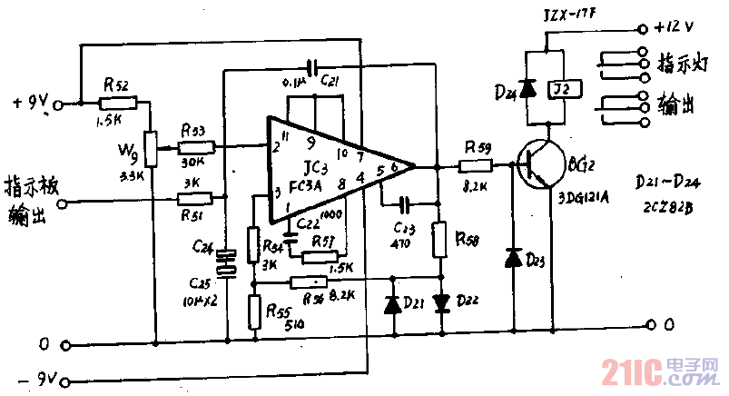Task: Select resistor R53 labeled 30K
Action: [x=195, y=146]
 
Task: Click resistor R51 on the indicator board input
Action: [x=196, y=197]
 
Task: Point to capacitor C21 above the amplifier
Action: [x=310, y=66]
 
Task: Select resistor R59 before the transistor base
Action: [x=476, y=166]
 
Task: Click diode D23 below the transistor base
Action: [x=513, y=260]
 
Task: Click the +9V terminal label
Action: [x=29, y=103]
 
